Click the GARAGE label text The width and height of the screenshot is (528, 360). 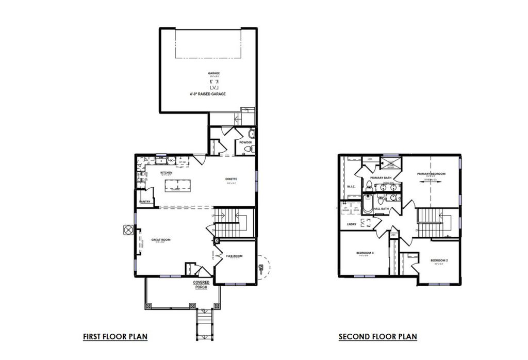(x=213, y=73)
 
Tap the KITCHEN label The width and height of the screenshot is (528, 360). (x=166, y=172)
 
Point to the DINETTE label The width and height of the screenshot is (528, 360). (x=230, y=179)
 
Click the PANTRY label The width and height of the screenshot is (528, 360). (x=144, y=202)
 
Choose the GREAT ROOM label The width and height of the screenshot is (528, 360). (x=161, y=240)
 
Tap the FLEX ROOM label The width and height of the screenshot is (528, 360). (x=234, y=256)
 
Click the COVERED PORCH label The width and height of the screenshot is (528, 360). (x=201, y=285)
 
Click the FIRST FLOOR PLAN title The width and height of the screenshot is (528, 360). (x=115, y=337)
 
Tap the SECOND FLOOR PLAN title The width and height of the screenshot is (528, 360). (x=377, y=337)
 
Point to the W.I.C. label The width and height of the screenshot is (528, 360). (x=352, y=186)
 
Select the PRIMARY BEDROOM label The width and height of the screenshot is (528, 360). (x=431, y=174)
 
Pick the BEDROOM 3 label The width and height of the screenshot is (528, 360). (x=365, y=253)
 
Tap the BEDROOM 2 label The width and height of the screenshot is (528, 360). (x=439, y=260)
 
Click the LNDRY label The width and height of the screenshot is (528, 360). (x=352, y=224)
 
